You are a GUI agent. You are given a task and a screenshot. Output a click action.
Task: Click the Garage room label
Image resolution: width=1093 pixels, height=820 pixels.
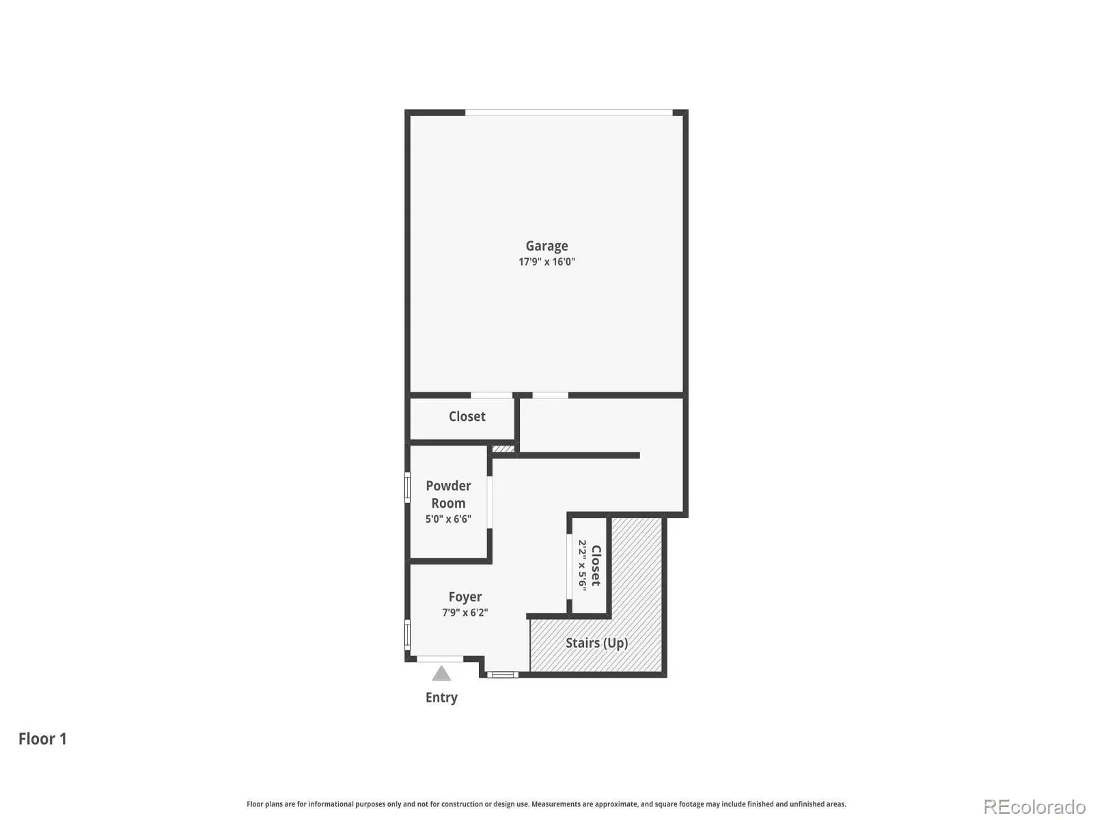[546, 246]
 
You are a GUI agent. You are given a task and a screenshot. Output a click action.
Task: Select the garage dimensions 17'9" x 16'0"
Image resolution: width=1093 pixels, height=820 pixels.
[546, 262]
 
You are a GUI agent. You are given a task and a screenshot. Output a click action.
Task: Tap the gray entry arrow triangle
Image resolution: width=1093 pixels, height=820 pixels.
[441, 674]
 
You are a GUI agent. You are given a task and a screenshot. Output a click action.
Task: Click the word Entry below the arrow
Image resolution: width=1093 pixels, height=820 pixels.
[441, 698]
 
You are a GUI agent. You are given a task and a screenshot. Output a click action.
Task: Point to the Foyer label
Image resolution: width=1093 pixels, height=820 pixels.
[465, 597]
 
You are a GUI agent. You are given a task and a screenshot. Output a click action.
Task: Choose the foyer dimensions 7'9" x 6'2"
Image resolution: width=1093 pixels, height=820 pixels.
[465, 612]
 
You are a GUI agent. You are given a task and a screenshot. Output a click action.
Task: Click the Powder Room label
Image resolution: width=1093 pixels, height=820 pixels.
[448, 494]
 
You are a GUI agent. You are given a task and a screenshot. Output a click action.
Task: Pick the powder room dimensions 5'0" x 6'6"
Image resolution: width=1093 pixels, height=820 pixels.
[448, 519]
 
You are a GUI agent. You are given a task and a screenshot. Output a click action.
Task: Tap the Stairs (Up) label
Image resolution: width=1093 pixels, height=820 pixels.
[596, 643]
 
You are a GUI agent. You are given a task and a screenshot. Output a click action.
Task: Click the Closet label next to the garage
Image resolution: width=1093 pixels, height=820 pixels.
[467, 416]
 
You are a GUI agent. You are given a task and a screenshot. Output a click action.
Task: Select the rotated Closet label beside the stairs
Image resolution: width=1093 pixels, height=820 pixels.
[596, 566]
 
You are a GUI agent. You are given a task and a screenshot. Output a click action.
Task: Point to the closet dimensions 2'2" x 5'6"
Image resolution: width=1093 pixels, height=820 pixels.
[582, 566]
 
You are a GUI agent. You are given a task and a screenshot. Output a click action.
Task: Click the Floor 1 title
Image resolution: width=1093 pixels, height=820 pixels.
[42, 739]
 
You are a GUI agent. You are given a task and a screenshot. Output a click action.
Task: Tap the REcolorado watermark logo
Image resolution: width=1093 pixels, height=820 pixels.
[1035, 806]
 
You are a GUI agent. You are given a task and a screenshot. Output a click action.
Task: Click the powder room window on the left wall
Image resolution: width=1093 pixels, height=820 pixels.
[407, 488]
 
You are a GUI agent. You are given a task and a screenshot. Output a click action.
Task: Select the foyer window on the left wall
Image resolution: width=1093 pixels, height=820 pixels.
[407, 635]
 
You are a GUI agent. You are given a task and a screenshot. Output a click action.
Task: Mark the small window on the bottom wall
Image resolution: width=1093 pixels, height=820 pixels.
[502, 674]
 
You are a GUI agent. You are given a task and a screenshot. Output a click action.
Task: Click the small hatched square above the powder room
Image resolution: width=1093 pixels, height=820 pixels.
[503, 448]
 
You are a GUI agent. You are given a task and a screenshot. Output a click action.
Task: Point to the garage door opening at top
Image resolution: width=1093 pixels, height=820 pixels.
[568, 113]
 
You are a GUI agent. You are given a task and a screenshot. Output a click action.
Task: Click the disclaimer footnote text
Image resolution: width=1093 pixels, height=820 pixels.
[546, 804]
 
